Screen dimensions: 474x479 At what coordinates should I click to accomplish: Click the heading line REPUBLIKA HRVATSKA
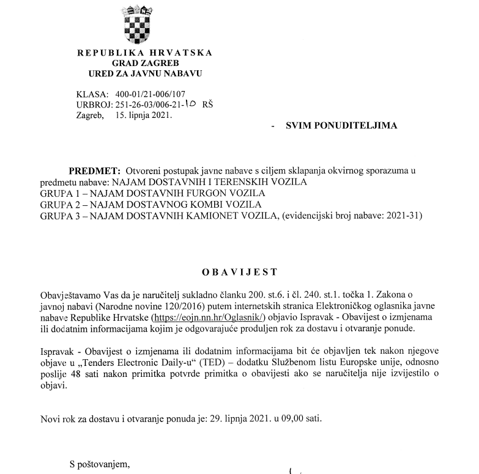point(145,53)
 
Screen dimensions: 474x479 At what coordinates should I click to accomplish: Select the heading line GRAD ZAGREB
point(141,63)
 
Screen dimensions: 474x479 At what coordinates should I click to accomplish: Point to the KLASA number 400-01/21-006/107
point(150,94)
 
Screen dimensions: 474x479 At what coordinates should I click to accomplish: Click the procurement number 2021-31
point(403,216)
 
